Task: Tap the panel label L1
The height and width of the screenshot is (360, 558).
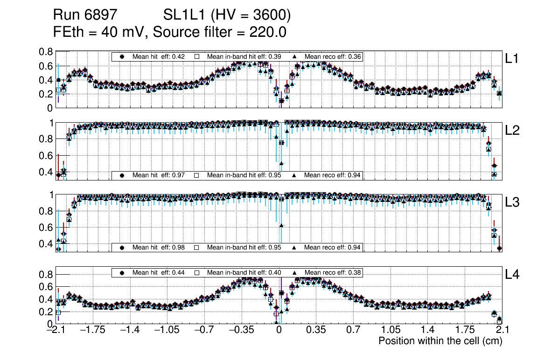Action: click(x=512, y=59)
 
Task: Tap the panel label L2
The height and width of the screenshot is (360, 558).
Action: click(x=512, y=131)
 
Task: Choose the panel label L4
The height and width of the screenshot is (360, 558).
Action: click(x=512, y=275)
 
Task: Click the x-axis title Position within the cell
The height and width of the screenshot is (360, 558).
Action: click(x=440, y=341)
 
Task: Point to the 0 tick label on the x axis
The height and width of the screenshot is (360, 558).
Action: click(x=279, y=331)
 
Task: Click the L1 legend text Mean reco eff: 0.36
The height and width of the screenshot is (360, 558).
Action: click(x=332, y=56)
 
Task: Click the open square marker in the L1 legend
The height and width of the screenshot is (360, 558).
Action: click(x=197, y=56)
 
